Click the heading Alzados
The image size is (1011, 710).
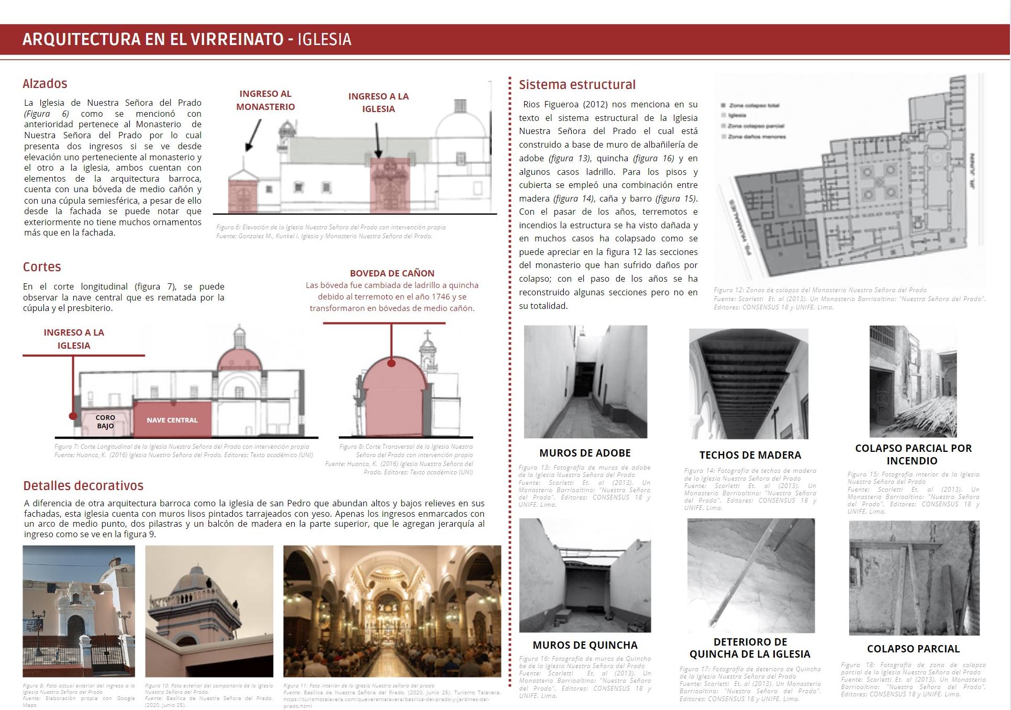pos(45,84)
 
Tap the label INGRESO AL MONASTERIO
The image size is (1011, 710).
pos(265,101)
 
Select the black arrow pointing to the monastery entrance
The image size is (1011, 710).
pos(253,135)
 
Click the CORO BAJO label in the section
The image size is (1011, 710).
pos(105,421)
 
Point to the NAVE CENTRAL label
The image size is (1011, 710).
pos(172,420)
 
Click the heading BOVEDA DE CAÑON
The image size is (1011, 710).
pos(392,273)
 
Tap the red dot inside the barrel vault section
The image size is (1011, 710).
pos(392,363)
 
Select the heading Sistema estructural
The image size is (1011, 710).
pos(577,85)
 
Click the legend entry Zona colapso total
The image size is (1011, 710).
pos(753,106)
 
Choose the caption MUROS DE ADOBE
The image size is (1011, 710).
pos(585,453)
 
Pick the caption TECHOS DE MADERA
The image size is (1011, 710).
pos(750,455)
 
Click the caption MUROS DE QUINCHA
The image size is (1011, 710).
pos(585,645)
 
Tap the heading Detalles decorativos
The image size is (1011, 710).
pos(83,486)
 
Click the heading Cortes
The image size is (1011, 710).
pos(42,267)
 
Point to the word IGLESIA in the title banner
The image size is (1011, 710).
pos(324,39)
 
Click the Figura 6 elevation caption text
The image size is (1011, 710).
pos(331,228)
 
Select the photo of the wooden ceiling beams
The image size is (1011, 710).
pos(749,383)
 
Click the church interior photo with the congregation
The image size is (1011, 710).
pos(392,611)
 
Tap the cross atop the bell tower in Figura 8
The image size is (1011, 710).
pos(427,335)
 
